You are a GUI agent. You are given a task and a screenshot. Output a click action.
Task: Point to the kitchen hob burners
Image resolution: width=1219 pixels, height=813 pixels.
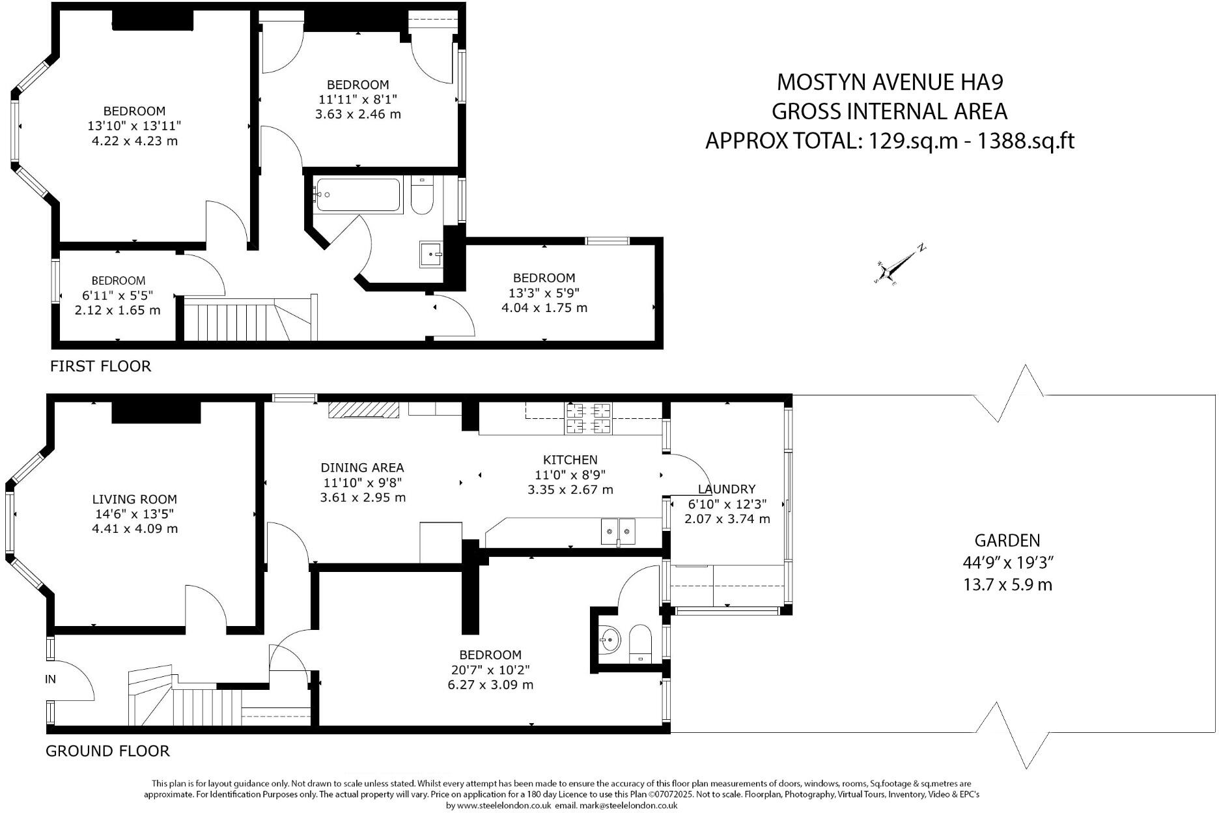tap(589, 418)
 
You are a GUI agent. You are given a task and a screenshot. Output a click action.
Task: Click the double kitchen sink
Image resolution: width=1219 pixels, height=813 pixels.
tap(617, 531)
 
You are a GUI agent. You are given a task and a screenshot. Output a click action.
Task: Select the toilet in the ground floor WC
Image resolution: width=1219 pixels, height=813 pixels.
tap(641, 643)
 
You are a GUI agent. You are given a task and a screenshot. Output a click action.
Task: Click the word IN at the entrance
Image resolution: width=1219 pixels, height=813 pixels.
tap(50, 679)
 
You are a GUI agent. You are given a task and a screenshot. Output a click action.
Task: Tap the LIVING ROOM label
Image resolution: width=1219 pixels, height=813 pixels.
tap(134, 499)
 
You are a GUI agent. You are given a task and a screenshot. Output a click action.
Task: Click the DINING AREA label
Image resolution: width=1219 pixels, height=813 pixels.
tap(362, 467)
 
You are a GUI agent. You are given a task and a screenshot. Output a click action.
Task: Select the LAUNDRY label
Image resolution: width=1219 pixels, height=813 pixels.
tap(726, 489)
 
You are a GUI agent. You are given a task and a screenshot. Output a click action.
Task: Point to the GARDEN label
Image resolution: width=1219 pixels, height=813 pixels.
tap(1007, 539)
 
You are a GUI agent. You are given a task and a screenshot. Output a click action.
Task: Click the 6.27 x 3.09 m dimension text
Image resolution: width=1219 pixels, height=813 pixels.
tap(490, 685)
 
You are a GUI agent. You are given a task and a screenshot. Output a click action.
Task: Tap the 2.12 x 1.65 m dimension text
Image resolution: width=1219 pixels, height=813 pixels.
tap(117, 310)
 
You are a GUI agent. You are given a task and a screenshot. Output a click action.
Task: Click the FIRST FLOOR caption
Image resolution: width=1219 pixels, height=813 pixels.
tap(100, 366)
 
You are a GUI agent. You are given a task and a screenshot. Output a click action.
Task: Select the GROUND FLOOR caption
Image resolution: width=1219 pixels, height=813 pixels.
tap(107, 751)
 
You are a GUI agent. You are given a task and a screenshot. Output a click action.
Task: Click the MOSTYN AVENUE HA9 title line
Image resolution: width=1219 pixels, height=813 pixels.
tap(890, 82)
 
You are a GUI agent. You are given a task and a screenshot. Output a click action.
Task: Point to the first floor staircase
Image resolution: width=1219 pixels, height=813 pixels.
tap(247, 319)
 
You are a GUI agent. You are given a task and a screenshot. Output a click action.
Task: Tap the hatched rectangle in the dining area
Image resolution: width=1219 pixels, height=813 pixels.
tap(363, 409)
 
